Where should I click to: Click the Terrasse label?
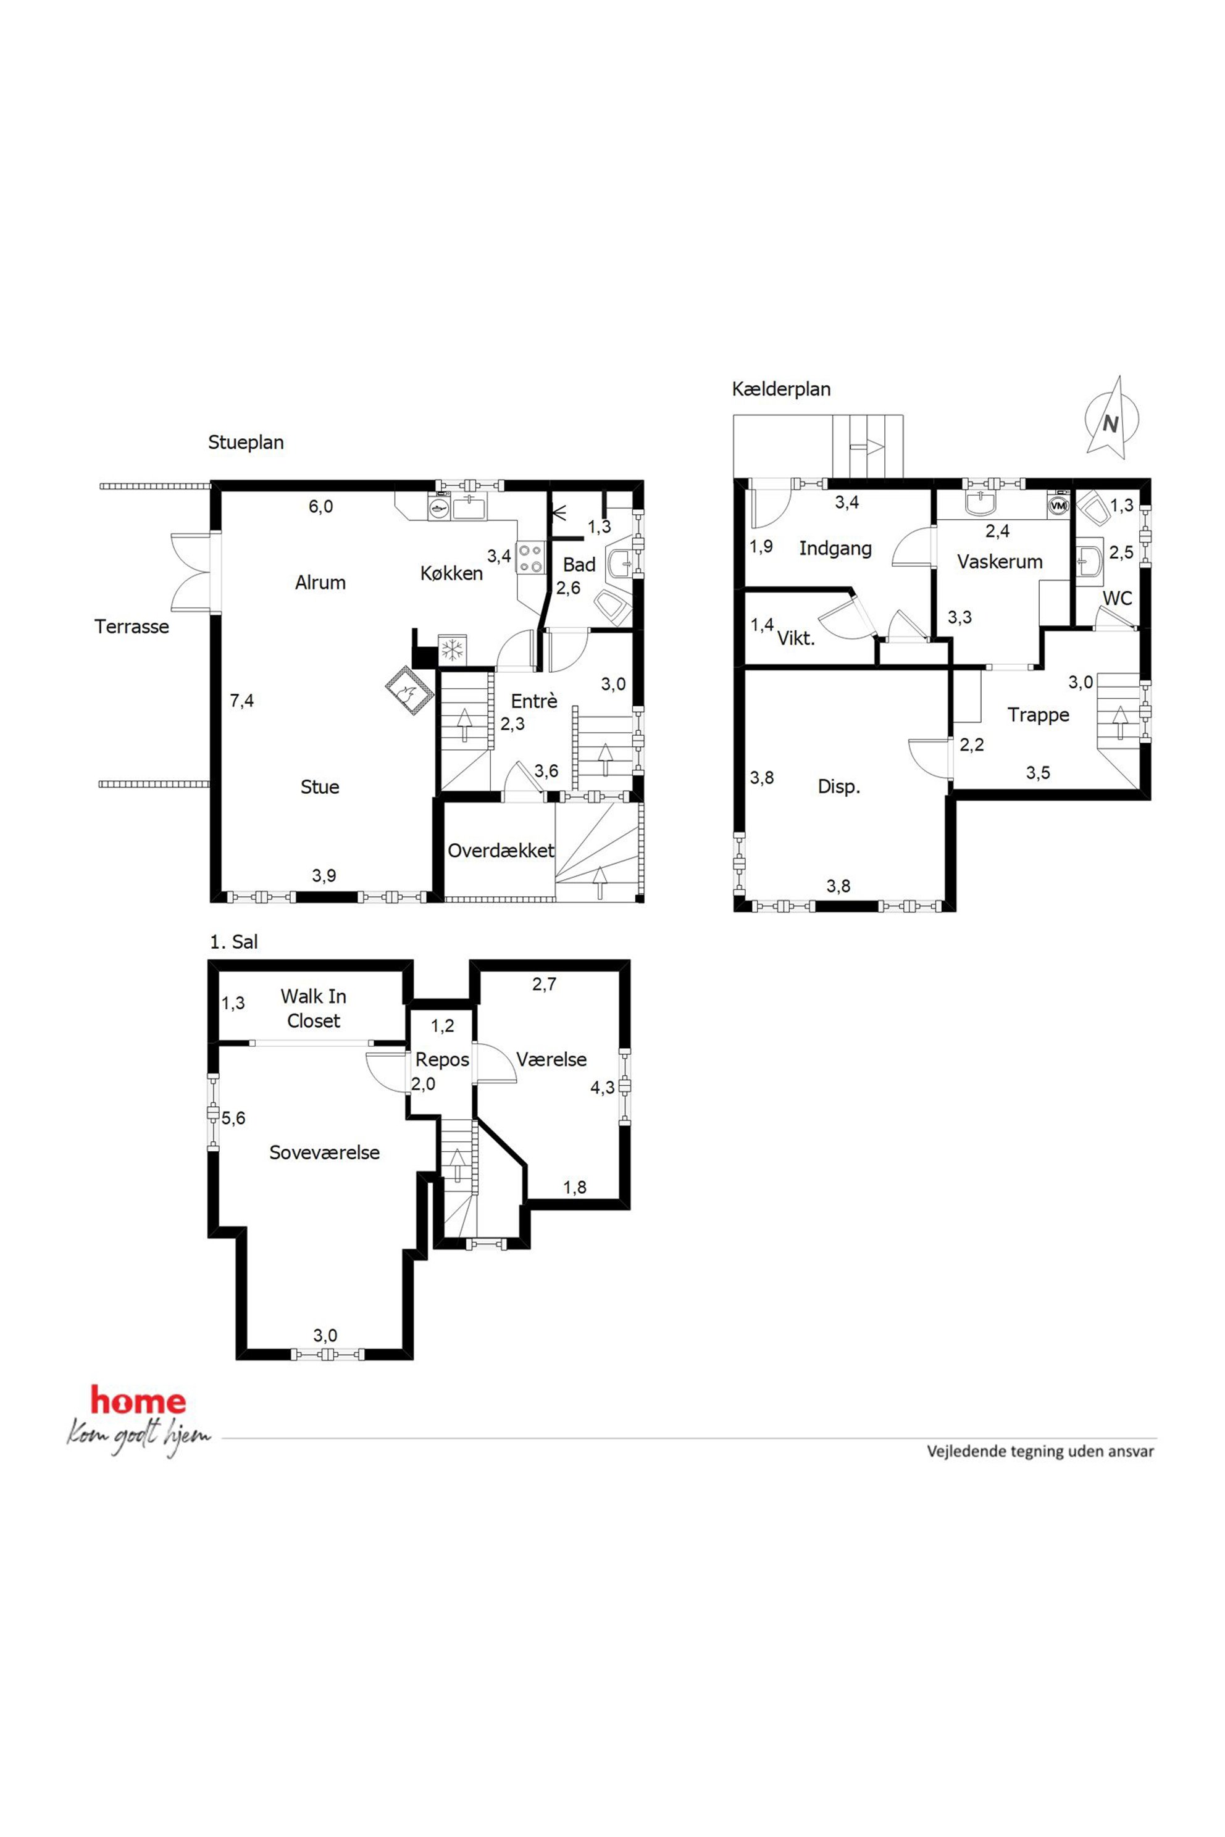pos(132,627)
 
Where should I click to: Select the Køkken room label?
pos(451,573)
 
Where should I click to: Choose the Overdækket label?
pos(501,851)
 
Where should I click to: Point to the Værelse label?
pos(551,1060)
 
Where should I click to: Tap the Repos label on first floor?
pos(442,1060)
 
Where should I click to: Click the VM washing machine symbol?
pos(1058,506)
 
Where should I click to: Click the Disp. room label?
pos(839,786)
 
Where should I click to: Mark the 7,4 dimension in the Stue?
pos(241,701)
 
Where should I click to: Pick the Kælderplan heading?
pos(781,389)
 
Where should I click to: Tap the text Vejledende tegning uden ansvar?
pos(1040,1451)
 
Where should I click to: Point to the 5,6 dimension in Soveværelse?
pos(233,1118)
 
